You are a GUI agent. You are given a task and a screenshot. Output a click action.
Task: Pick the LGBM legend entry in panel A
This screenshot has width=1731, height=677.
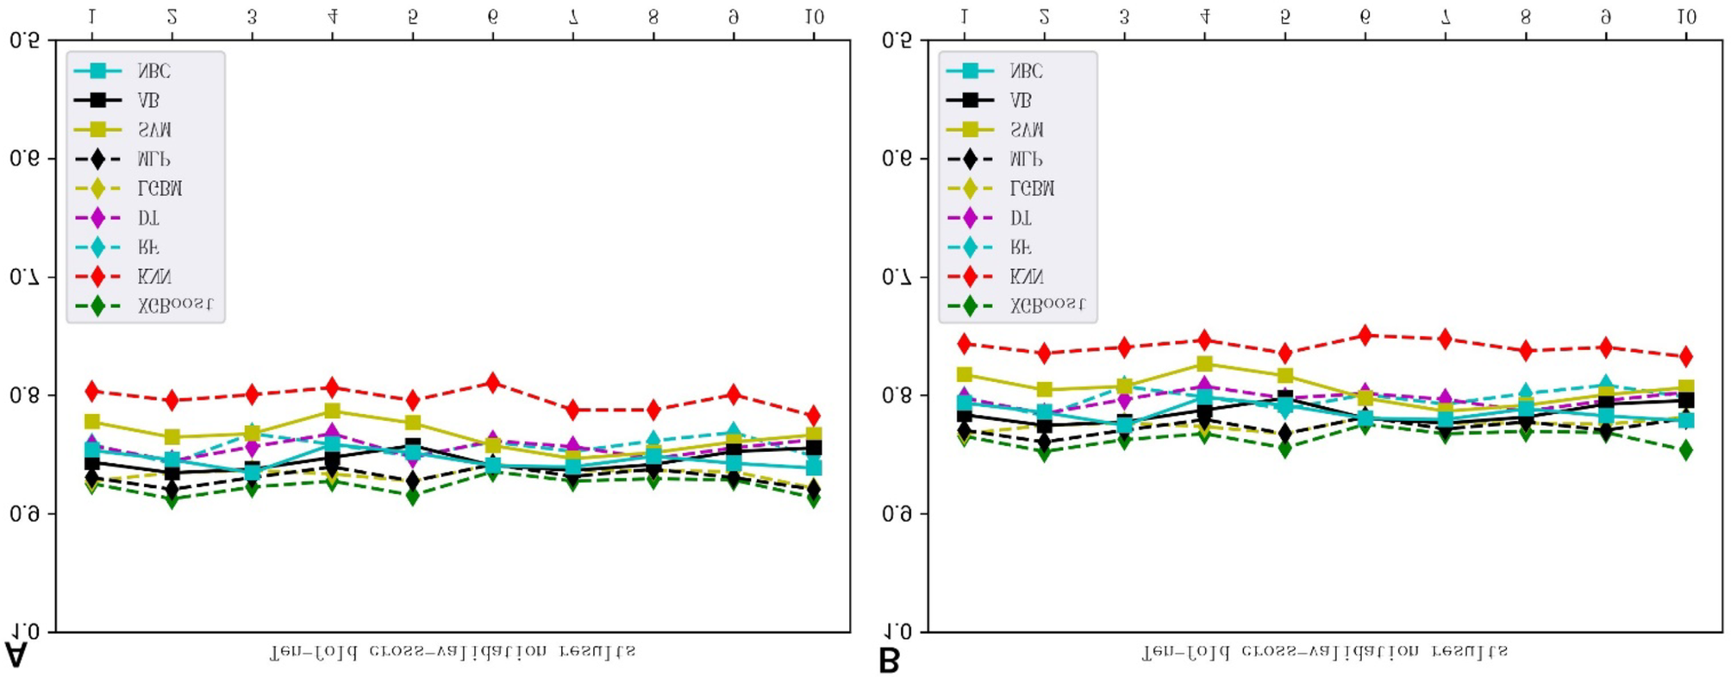159,188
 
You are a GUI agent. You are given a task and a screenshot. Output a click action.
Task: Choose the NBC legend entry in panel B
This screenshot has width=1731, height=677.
1026,71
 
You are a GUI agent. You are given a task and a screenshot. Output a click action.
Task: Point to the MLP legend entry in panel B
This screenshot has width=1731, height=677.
1026,159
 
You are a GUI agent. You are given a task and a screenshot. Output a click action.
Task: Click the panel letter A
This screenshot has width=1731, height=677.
16,655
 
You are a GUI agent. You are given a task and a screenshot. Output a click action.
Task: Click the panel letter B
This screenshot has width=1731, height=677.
888,661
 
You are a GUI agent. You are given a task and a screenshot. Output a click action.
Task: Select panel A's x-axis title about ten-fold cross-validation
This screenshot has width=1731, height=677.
453,651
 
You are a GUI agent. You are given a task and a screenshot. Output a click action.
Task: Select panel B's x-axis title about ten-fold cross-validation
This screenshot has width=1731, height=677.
1325,651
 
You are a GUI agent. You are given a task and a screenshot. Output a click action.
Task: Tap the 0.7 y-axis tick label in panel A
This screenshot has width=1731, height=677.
24,277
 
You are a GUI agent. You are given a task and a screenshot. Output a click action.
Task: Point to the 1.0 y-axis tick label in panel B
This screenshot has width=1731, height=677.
897,632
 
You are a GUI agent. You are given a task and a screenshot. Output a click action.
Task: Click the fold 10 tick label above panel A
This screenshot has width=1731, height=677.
814,16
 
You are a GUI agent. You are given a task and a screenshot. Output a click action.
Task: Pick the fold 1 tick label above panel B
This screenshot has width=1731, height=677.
964,16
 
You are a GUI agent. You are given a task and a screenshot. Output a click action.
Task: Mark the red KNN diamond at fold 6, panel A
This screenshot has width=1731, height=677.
493,382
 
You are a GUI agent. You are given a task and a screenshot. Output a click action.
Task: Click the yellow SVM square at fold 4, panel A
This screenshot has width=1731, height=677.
333,411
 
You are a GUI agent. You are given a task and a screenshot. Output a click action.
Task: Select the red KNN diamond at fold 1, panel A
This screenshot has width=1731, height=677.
92,392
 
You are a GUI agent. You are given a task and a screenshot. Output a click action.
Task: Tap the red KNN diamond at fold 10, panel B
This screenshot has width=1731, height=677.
1686,356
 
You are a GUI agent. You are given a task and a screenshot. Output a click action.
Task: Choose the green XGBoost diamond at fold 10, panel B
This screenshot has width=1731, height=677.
1686,450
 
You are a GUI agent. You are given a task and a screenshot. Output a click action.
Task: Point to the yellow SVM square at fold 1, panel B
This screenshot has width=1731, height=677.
965,374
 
